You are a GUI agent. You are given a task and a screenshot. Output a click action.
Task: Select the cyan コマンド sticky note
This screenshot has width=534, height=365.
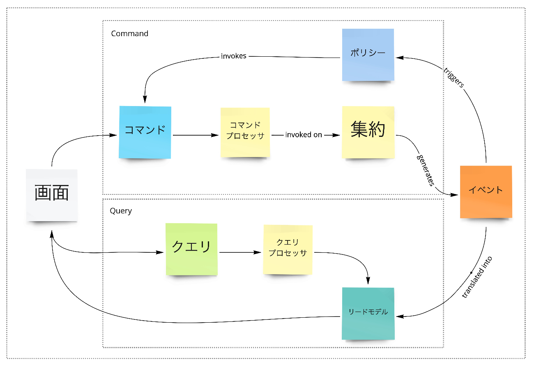click(145, 132)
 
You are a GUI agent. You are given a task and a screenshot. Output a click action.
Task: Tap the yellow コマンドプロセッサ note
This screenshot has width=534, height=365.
click(245, 132)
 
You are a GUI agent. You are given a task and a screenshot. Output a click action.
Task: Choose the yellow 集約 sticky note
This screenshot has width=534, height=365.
click(368, 132)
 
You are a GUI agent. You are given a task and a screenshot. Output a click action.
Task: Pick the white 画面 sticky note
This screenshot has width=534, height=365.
click(52, 195)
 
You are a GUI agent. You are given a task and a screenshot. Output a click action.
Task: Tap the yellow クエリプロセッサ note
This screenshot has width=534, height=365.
click(288, 249)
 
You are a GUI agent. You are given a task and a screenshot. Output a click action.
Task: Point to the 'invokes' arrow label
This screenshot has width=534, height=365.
click(234, 56)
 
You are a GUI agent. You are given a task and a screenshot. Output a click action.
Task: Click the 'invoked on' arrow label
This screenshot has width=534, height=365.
click(304, 135)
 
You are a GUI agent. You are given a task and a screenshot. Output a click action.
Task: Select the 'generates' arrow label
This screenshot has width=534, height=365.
click(426, 169)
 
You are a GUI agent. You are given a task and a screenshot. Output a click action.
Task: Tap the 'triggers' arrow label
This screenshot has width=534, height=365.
click(453, 77)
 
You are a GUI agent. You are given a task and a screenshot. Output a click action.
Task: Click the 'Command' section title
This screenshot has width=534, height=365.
click(129, 34)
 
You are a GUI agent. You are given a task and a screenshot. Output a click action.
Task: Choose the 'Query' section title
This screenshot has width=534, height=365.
click(121, 211)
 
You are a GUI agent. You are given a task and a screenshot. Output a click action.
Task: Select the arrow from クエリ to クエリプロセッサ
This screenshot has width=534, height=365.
click(240, 252)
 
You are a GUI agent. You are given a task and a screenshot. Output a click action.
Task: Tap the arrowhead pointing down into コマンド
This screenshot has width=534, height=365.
click(145, 100)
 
